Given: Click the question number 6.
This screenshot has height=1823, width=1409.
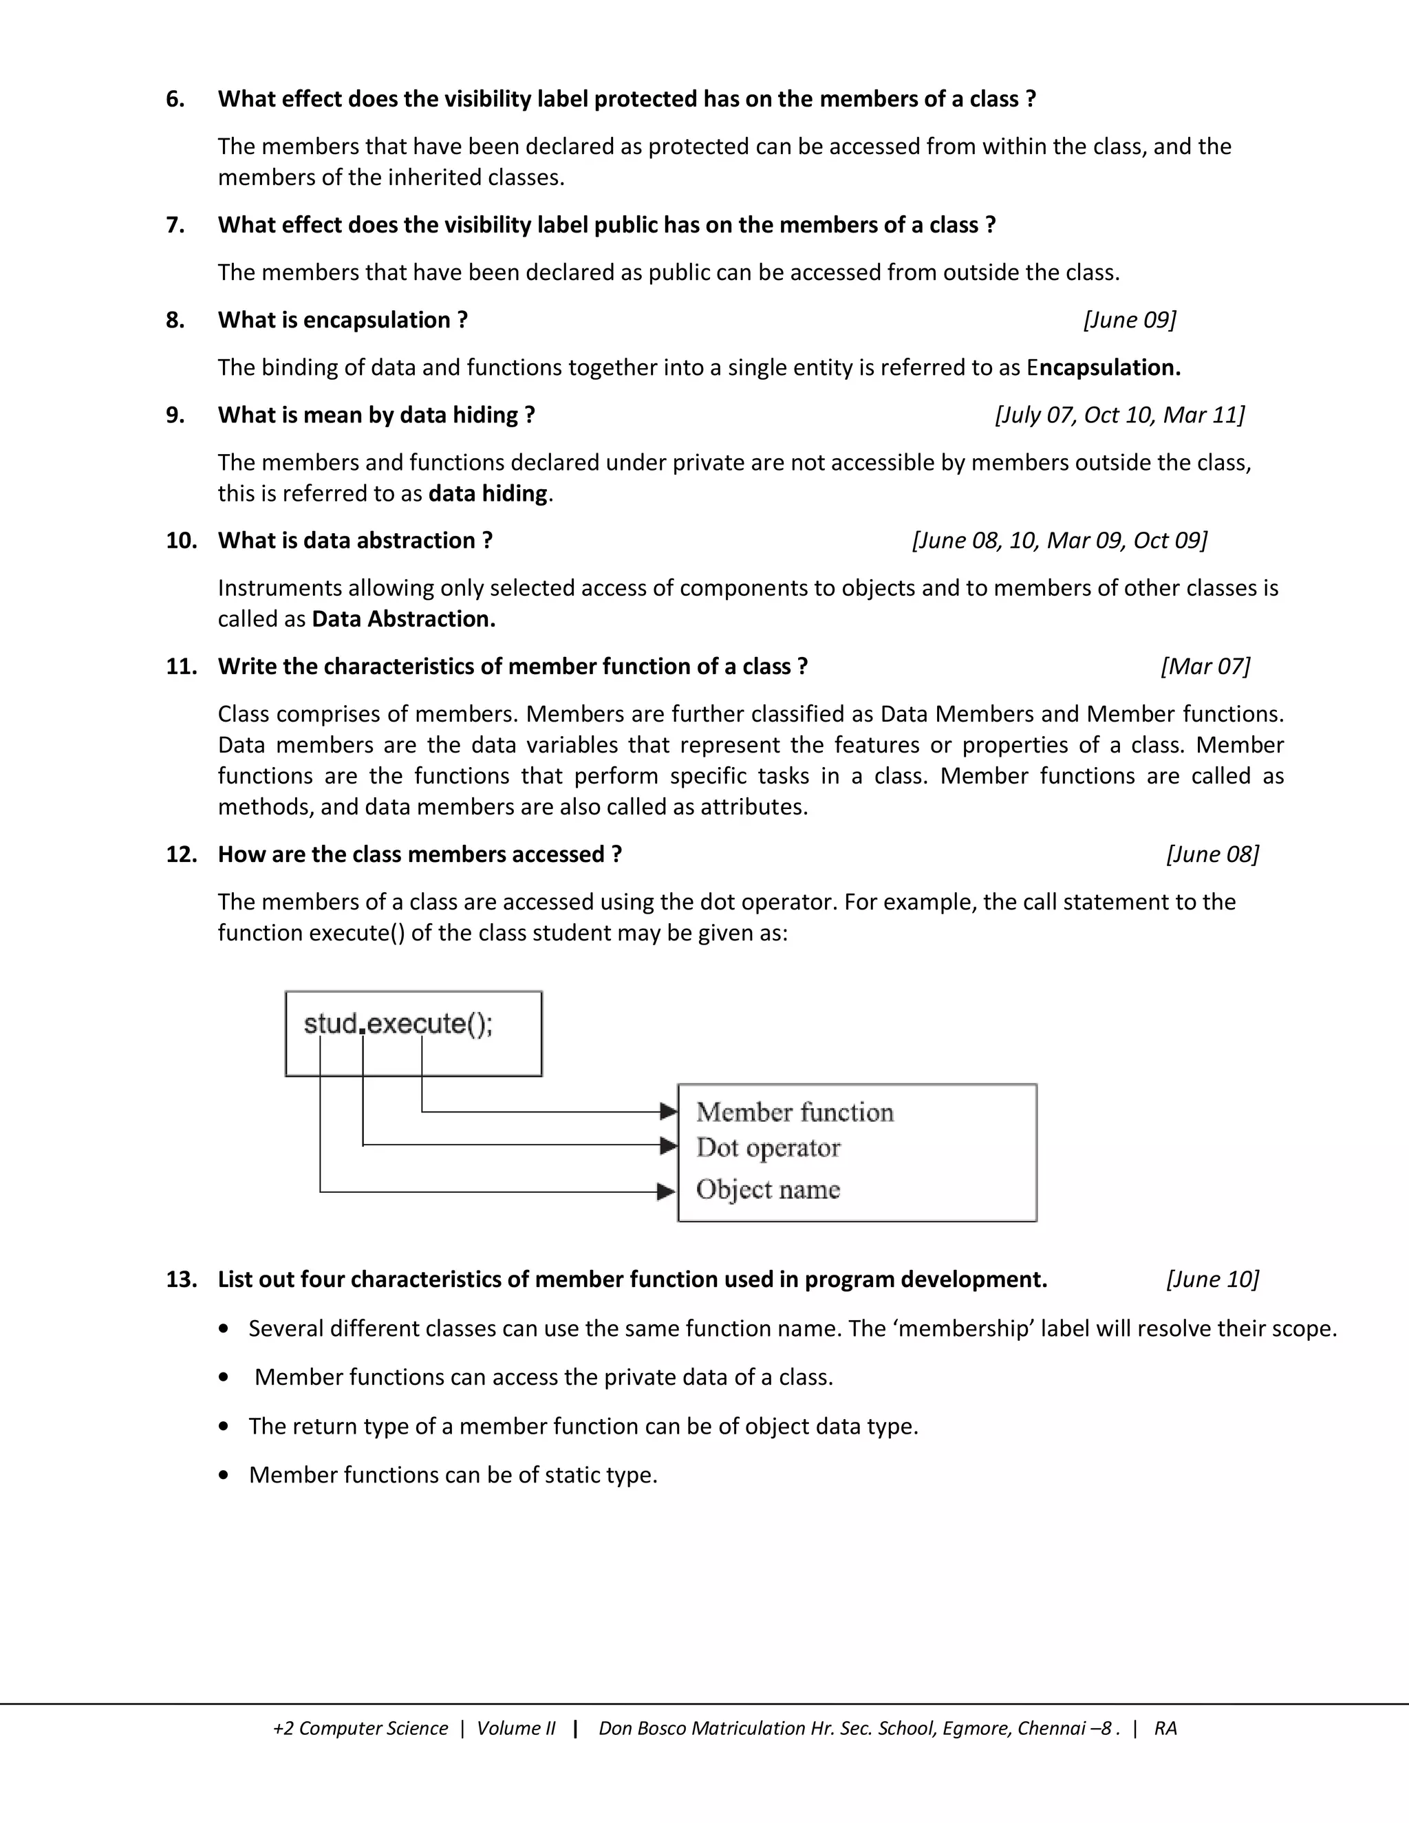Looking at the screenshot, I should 175,99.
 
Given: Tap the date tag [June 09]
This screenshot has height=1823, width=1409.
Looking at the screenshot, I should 1130,321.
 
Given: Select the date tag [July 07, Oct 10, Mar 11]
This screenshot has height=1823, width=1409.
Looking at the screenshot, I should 1119,416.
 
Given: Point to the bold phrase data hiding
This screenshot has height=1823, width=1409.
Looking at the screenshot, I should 488,494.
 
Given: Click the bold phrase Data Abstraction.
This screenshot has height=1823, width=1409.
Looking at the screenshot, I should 403,619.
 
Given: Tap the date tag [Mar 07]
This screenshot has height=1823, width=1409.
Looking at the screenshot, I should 1205,667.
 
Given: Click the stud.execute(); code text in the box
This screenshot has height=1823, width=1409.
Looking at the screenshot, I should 398,1024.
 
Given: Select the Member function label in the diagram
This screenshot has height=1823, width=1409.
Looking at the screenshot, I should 795,1112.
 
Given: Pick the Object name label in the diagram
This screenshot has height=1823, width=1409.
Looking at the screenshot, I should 768,1189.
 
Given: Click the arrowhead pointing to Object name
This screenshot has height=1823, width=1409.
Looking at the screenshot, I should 666,1192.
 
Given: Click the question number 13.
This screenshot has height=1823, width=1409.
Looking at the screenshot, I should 180,1280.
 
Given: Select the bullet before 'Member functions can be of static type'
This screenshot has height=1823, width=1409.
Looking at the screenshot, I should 223,1476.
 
